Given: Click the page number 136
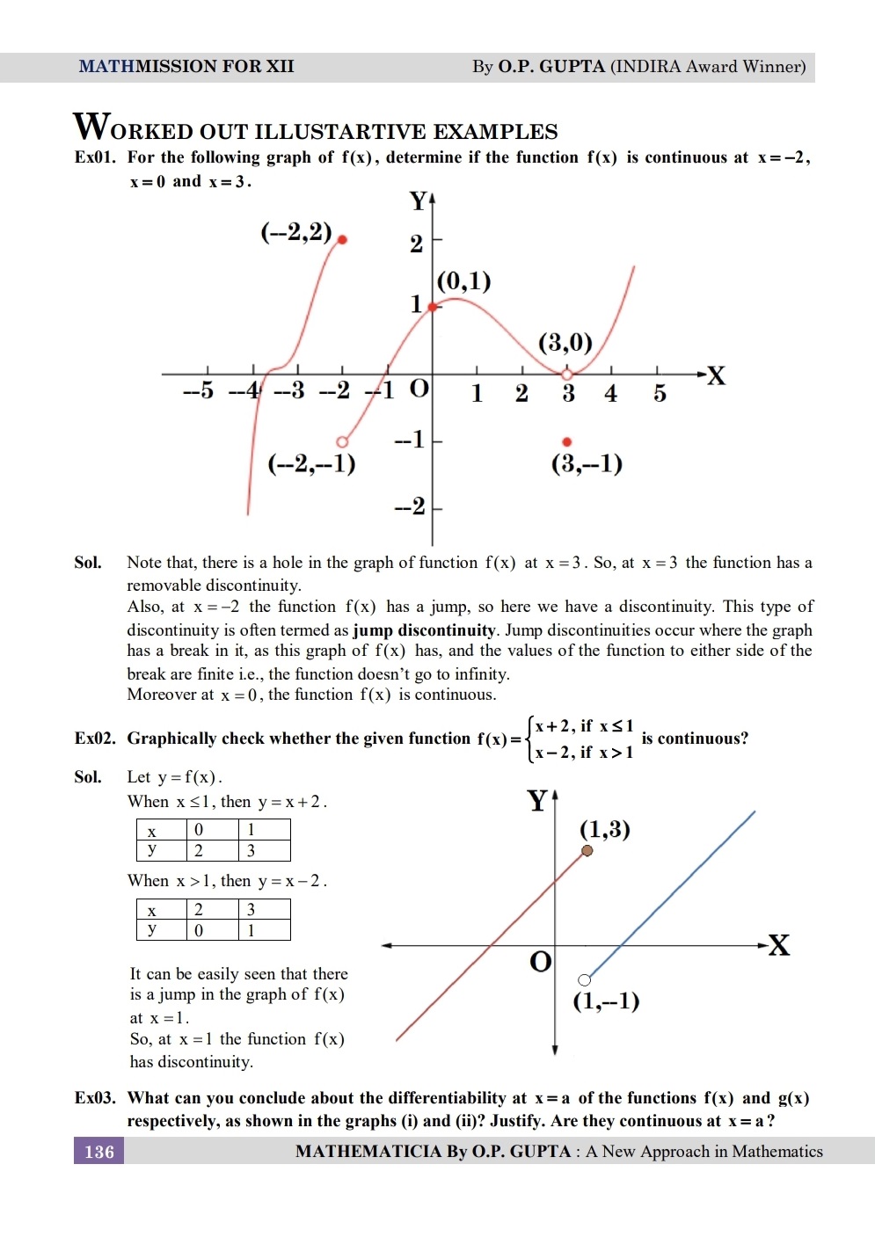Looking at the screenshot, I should [x=98, y=1152].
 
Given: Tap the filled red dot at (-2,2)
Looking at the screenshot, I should [x=342, y=239].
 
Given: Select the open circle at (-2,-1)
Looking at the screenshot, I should [x=342, y=441].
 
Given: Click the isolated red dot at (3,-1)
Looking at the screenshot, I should [x=567, y=441].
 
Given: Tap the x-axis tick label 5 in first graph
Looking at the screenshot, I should [x=660, y=394].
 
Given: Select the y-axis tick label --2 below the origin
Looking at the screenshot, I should [x=410, y=506].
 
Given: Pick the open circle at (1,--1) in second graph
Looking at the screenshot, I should [x=584, y=979].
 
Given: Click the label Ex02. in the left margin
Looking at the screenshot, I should [x=95, y=739].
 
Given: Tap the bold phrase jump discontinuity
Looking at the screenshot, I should [x=425, y=630].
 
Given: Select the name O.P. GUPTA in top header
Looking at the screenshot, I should [x=551, y=67].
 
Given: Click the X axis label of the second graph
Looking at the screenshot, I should [x=778, y=946].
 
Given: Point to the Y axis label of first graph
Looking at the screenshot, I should [x=419, y=201].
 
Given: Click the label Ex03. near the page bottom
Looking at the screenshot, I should [x=95, y=1098].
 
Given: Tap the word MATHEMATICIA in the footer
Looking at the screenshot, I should [x=368, y=1152].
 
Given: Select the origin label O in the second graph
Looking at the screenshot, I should [x=541, y=962].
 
